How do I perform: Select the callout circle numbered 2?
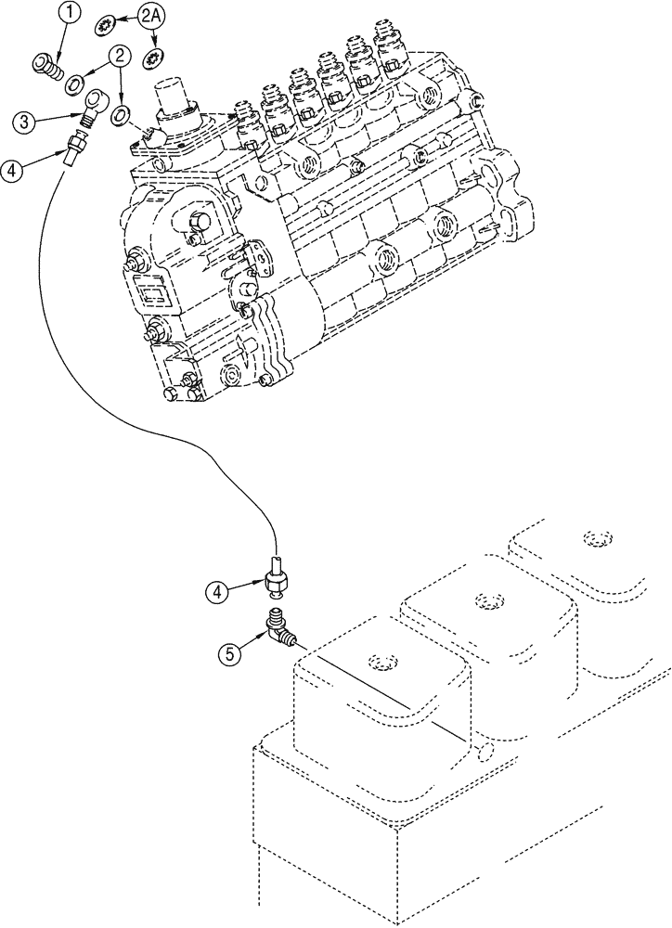click(x=119, y=58)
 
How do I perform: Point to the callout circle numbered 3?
click(x=26, y=120)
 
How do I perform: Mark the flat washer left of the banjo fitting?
click(x=70, y=86)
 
